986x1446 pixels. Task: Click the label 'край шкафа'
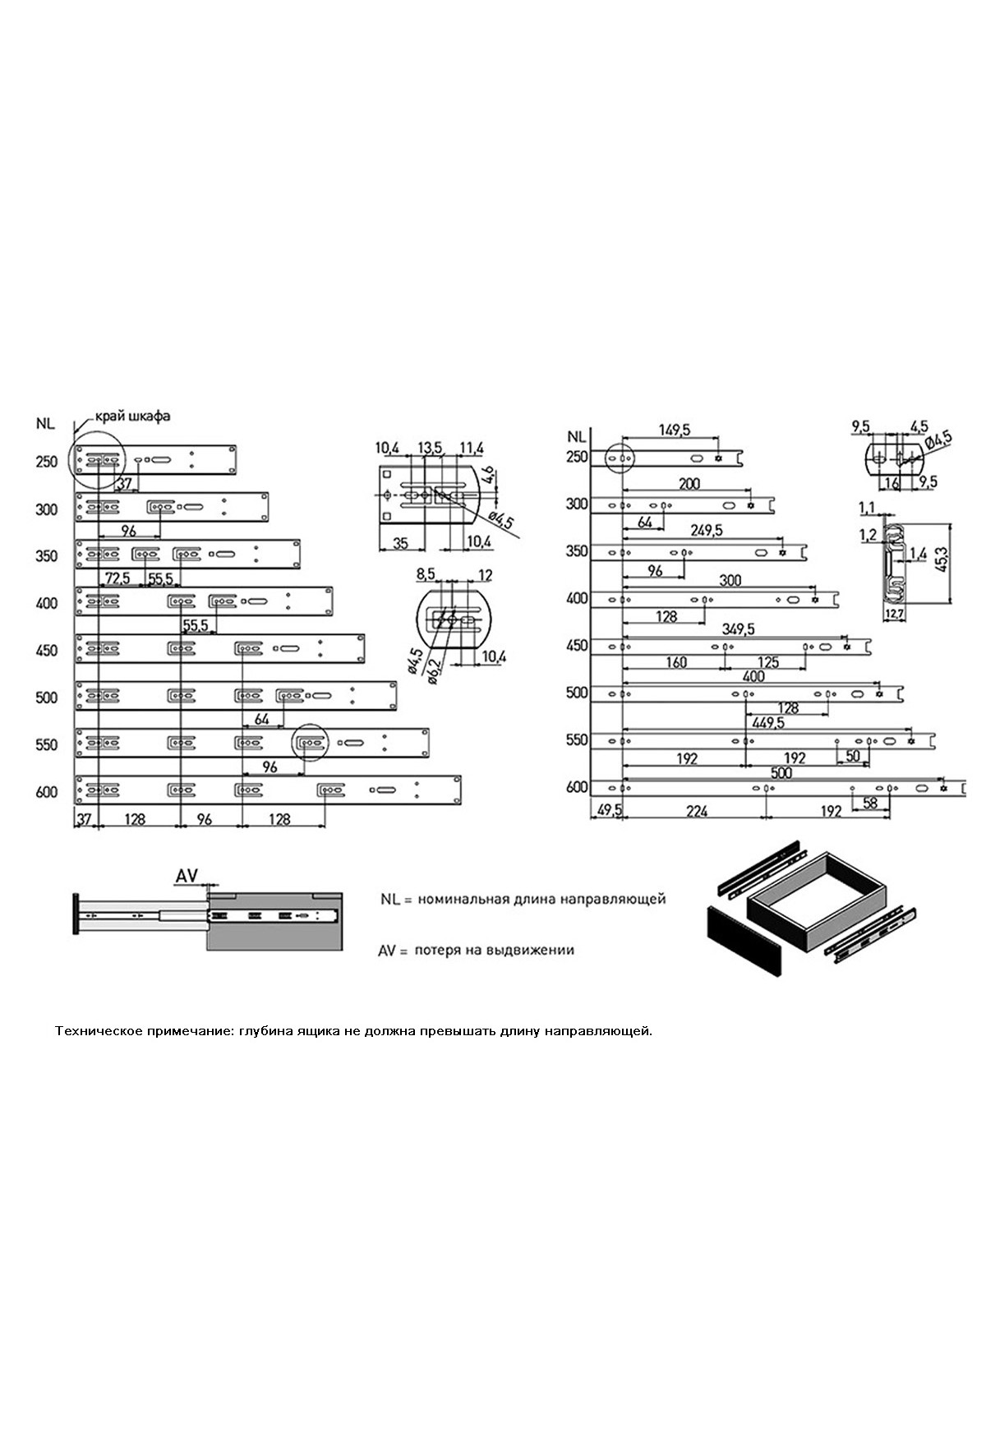coord(132,416)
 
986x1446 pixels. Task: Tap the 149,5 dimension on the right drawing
coord(675,430)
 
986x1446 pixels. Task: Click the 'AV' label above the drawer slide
coord(187,876)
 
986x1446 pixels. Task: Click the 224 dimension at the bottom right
coord(696,811)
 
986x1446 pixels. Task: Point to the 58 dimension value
coord(870,803)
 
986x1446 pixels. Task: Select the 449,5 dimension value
coord(767,723)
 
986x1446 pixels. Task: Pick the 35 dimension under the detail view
coord(401,543)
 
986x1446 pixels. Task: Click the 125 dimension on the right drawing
coord(768,662)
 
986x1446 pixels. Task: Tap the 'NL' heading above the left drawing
coord(45,424)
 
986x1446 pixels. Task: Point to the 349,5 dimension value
coord(737,629)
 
